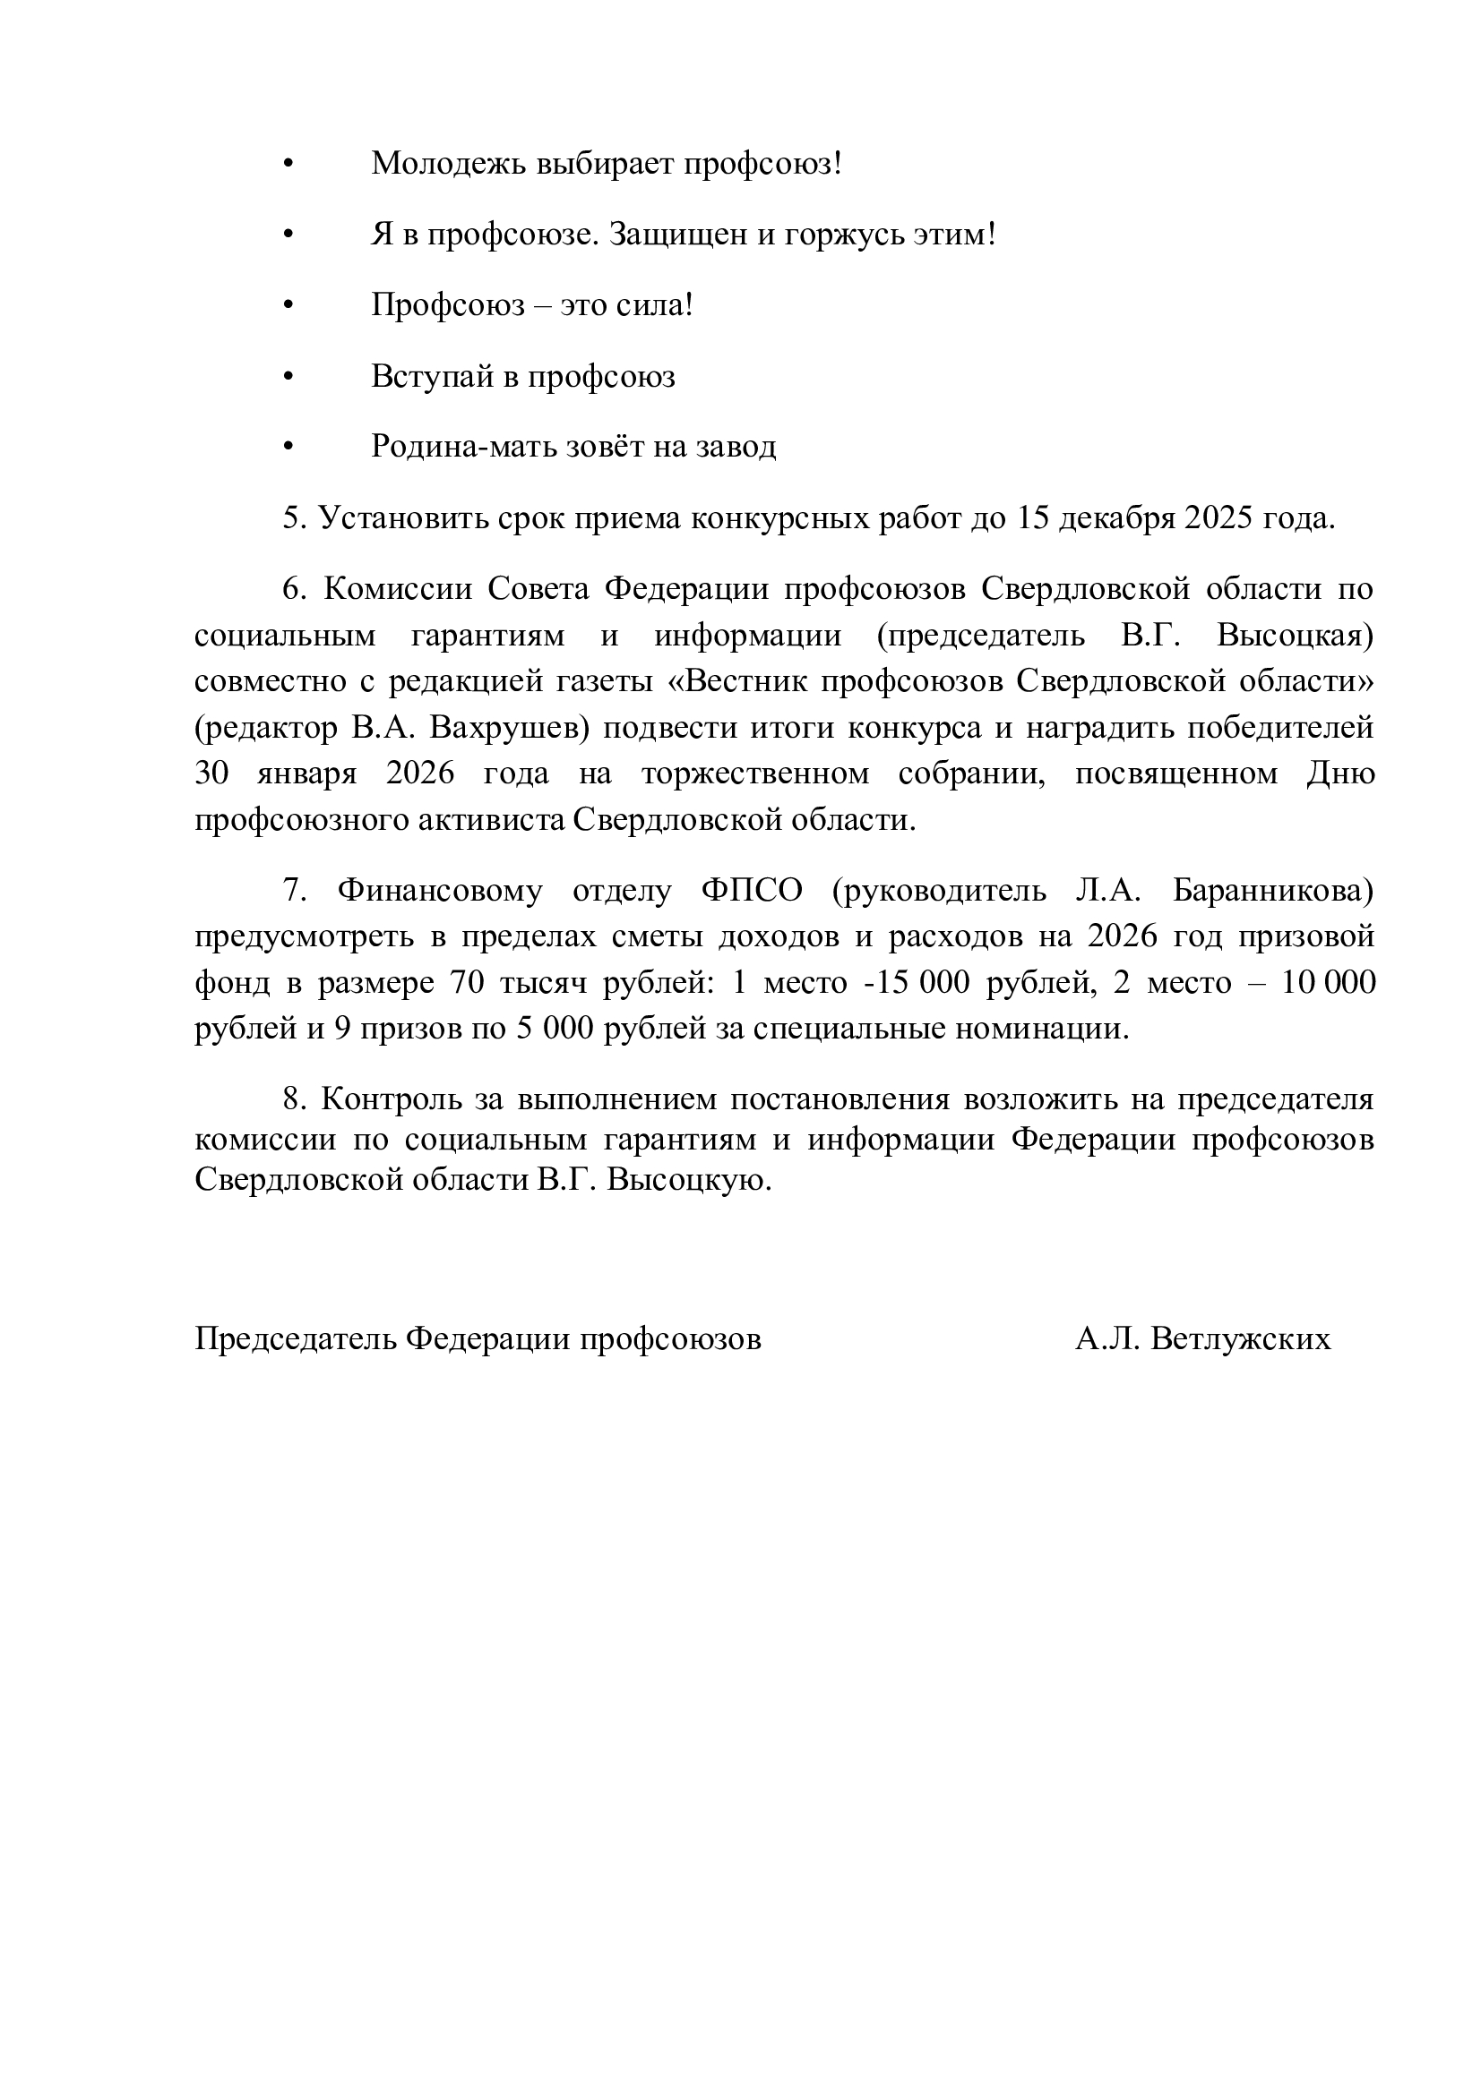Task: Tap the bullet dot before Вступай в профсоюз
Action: pyautogui.click(x=289, y=377)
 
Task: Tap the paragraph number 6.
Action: pyautogui.click(x=292, y=589)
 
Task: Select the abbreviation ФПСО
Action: pyautogui.click(x=752, y=890)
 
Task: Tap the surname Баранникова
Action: pyautogui.click(x=1272, y=890)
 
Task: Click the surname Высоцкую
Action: pyautogui.click(x=690, y=1181)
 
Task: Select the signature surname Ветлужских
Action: pyautogui.click(x=1241, y=1338)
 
